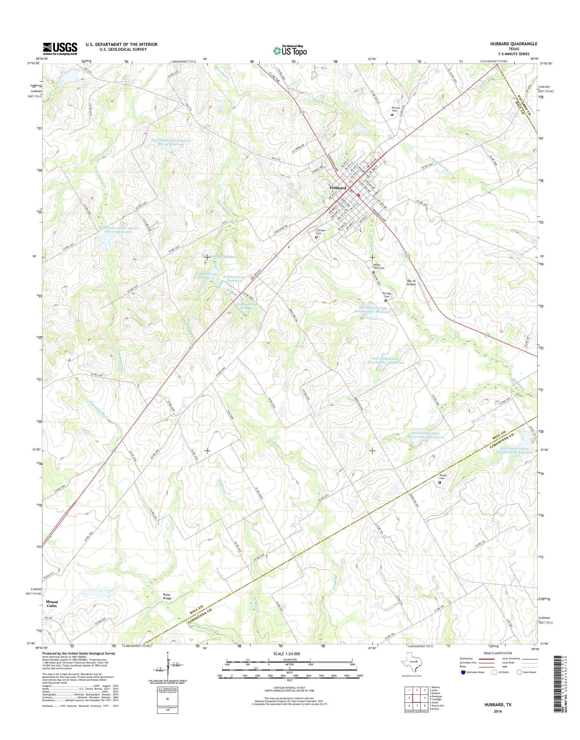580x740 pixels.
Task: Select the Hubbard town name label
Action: (x=337, y=188)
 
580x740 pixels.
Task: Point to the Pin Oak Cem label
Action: (x=387, y=295)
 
